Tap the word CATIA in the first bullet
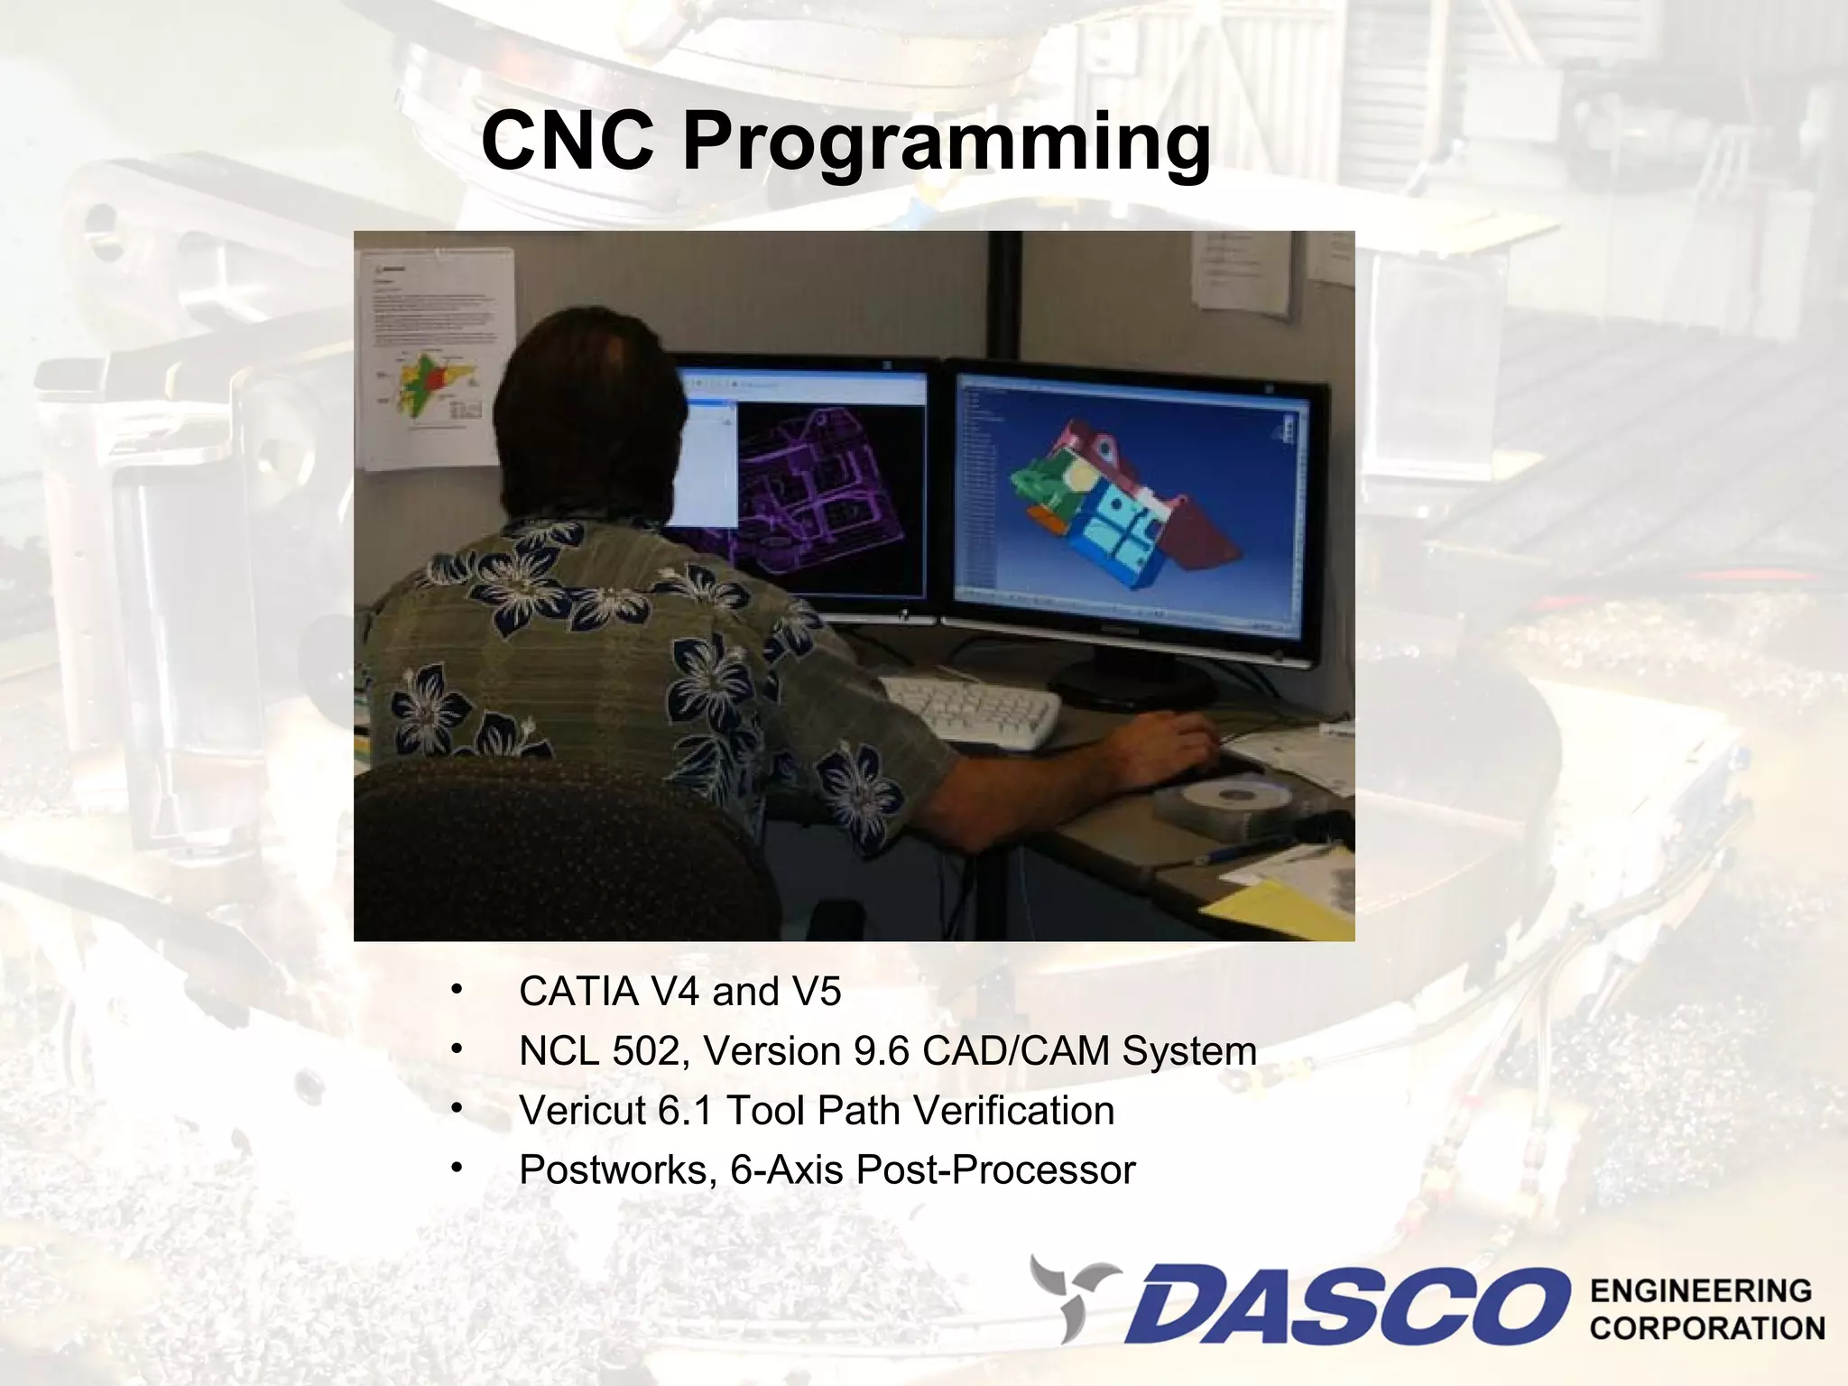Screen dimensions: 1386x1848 click(577, 992)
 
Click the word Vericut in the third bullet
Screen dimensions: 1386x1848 click(582, 1111)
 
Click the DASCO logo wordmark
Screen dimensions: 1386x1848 click(1344, 1304)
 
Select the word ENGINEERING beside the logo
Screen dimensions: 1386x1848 click(1701, 1290)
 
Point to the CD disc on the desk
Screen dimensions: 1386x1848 click(1232, 796)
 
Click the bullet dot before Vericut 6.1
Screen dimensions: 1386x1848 click(457, 1108)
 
